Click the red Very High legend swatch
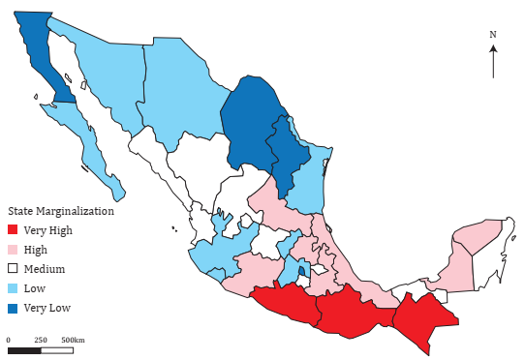[x=14, y=230]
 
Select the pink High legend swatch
[x=14, y=250]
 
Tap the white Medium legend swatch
[x=14, y=269]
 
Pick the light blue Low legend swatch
[x=14, y=288]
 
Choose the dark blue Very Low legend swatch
[x=14, y=308]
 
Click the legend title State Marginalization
[x=61, y=211]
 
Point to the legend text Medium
[x=44, y=269]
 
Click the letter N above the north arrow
[x=493, y=35]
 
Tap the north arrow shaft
[x=493, y=63]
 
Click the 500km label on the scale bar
[x=73, y=340]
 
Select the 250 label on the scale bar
[x=41, y=340]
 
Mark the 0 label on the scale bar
[x=9, y=340]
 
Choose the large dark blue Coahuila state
[x=247, y=121]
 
